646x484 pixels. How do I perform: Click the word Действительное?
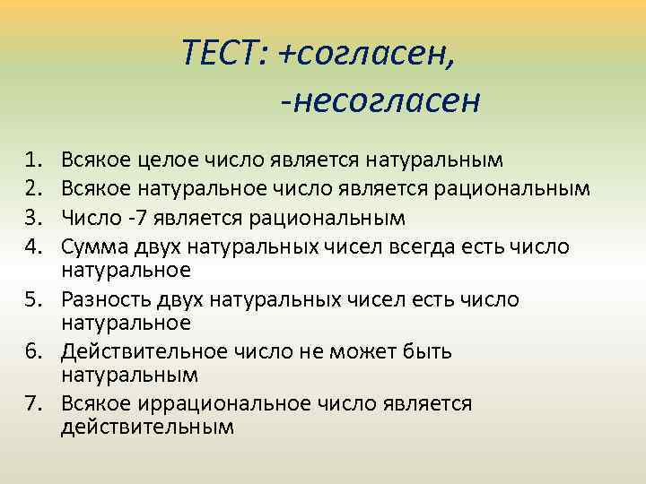click(131, 351)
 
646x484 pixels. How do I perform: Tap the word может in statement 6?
click(345, 351)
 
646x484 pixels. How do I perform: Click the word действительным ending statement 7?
click(147, 427)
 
